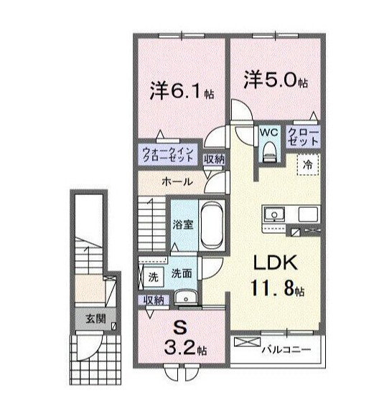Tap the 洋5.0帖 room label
point(275,80)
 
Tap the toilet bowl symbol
point(269,149)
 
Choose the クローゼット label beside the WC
point(302,137)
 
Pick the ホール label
point(176,182)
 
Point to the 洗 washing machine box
point(152,275)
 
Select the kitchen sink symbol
point(275,214)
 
